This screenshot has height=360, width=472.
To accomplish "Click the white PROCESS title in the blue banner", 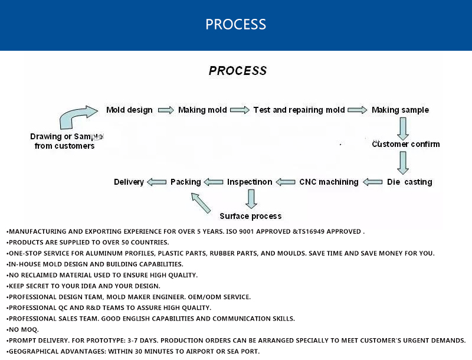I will [x=236, y=24].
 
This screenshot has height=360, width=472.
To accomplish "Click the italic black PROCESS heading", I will [x=238, y=71].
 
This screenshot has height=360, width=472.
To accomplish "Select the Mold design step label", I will [x=129, y=110].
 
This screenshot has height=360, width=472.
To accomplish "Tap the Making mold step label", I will [x=202, y=110].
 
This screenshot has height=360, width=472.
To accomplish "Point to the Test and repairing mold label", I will [x=299, y=110].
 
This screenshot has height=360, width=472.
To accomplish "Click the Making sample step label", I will [x=400, y=110].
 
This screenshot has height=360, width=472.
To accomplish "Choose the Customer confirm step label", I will [x=406, y=144].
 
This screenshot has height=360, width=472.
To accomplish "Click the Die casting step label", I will [x=409, y=182].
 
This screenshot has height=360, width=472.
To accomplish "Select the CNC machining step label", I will [x=329, y=182].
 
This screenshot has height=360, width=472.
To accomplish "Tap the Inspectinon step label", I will [x=250, y=182].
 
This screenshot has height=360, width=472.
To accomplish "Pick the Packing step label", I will [x=185, y=182].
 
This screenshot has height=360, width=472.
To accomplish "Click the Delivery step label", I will [x=129, y=182].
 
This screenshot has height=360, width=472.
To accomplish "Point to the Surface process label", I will [x=251, y=216].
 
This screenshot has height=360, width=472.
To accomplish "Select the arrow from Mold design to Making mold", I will [x=166, y=110].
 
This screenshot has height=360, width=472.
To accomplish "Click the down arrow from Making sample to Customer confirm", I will [x=403, y=127].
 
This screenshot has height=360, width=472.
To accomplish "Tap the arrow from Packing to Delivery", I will [x=156, y=182].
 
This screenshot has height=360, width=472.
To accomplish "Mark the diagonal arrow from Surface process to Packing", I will [x=201, y=202].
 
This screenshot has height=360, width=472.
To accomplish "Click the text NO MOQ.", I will [x=24, y=329].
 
